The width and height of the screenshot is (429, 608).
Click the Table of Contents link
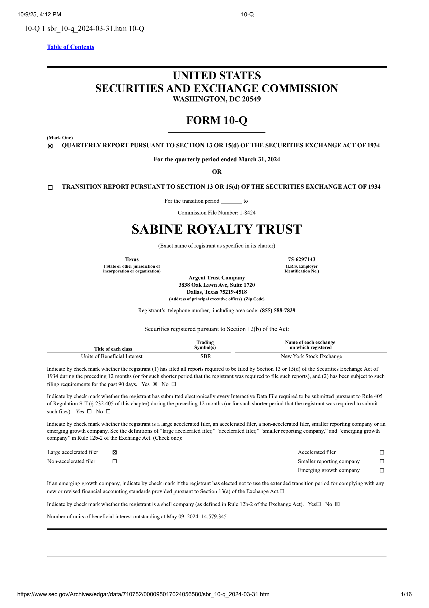(71, 47)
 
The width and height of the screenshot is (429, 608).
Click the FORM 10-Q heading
(217, 121)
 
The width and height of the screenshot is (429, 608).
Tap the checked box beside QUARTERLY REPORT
(50, 146)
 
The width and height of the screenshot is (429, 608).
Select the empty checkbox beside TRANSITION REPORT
(50, 187)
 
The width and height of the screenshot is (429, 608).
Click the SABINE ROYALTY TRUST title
(217, 230)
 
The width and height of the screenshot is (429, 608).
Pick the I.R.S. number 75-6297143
(302, 259)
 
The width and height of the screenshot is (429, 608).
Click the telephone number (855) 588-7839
(278, 310)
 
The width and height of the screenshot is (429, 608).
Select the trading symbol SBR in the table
(206, 356)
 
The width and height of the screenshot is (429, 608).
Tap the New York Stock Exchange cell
(311, 356)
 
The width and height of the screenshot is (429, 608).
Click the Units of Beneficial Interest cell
(112, 356)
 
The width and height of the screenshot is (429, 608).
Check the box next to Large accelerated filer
(114, 452)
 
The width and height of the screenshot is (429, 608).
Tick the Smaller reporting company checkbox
(382, 461)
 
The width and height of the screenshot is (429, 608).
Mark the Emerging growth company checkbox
(382, 470)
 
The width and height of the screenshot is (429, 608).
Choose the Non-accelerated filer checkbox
(114, 461)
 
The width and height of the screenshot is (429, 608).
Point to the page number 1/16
(406, 594)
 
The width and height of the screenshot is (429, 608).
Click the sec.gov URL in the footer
(143, 594)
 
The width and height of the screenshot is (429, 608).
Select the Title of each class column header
(113, 349)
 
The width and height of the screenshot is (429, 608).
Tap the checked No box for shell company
(337, 504)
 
